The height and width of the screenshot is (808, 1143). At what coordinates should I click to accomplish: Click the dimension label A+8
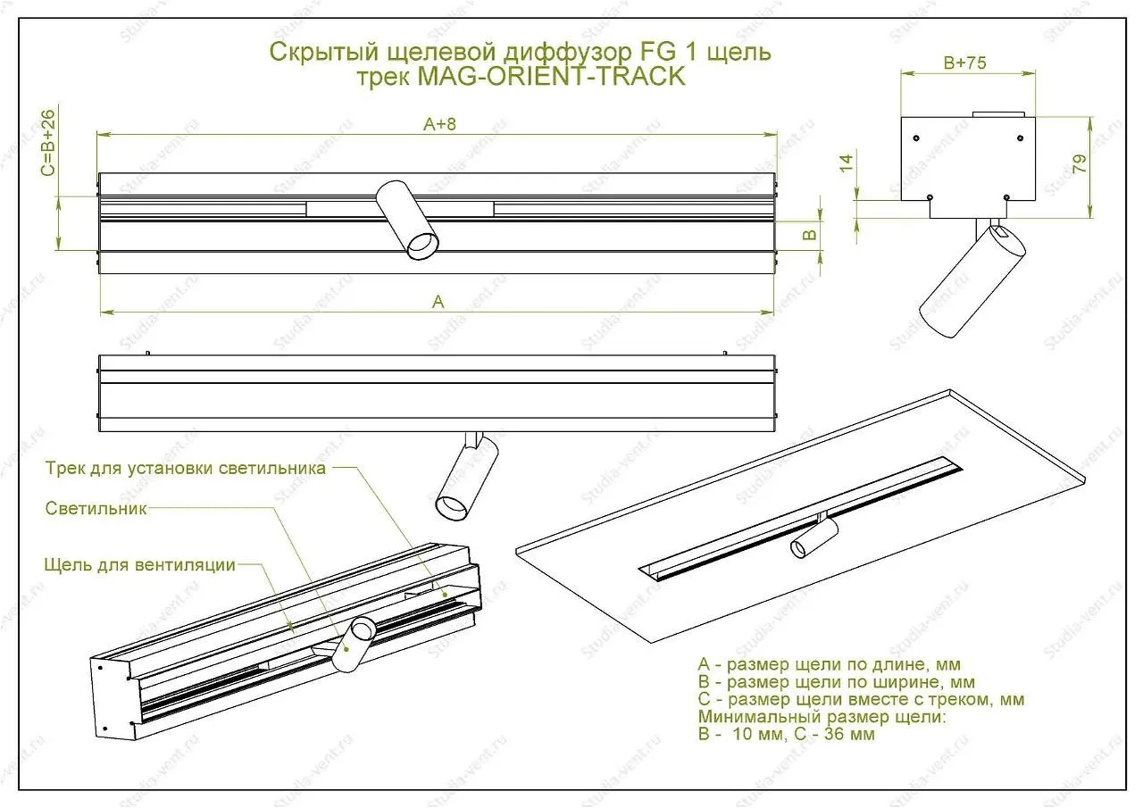pyautogui.click(x=439, y=124)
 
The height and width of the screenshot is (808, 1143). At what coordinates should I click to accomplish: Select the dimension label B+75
pyautogui.click(x=964, y=62)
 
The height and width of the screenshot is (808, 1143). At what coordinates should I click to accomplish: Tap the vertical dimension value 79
pyautogui.click(x=1080, y=163)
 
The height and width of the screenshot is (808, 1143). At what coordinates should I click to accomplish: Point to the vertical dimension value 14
pyautogui.click(x=846, y=162)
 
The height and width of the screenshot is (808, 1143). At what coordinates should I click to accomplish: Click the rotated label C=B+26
pyautogui.click(x=48, y=142)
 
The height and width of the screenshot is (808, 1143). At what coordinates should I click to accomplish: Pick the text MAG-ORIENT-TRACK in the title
pyautogui.click(x=551, y=77)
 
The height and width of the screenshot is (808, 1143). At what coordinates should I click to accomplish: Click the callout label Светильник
pyautogui.click(x=96, y=509)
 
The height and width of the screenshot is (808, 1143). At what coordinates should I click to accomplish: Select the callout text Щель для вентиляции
pyautogui.click(x=140, y=565)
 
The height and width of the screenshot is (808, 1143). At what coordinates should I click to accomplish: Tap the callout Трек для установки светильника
pyautogui.click(x=186, y=468)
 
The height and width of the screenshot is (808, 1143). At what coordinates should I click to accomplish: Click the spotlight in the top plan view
pyautogui.click(x=407, y=220)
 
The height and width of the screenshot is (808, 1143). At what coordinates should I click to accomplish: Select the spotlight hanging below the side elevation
pyautogui.click(x=467, y=477)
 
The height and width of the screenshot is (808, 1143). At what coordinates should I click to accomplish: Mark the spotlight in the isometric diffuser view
pyautogui.click(x=353, y=645)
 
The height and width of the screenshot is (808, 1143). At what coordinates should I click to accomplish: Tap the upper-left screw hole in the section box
pyautogui.click(x=916, y=138)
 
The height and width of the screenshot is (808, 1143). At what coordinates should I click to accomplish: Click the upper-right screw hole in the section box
pyautogui.click(x=1020, y=138)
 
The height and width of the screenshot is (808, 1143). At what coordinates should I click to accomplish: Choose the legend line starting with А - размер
pyautogui.click(x=830, y=664)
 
